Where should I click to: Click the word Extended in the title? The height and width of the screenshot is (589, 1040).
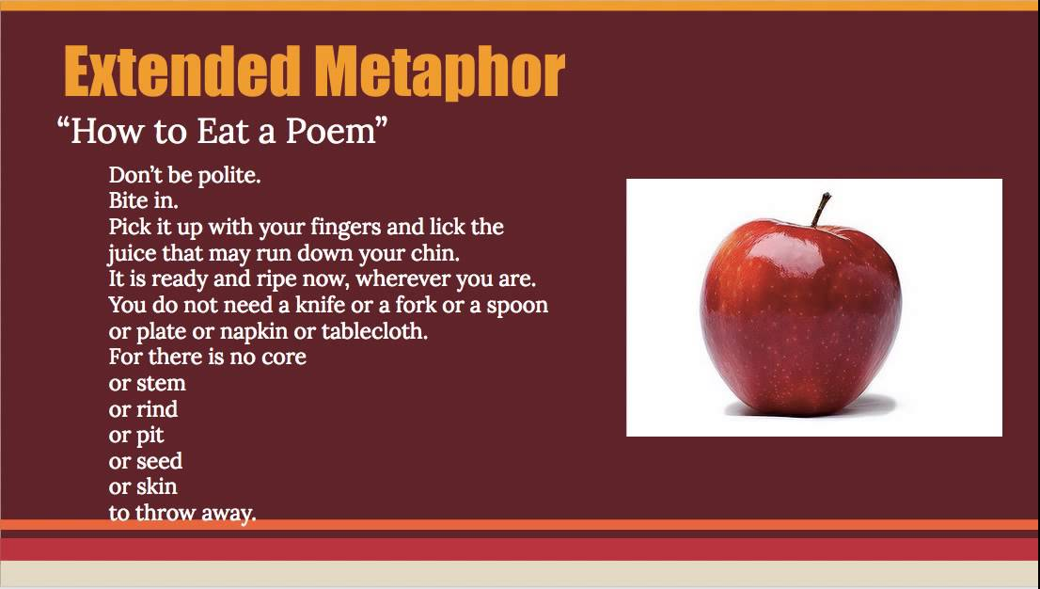point(177,72)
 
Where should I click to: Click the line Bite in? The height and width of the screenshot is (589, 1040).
point(143,200)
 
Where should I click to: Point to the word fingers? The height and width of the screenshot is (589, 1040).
point(345,228)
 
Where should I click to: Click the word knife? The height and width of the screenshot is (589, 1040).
point(321,306)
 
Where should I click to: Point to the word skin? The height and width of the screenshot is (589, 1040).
point(156,486)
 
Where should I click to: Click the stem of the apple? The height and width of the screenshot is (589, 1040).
point(820,209)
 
